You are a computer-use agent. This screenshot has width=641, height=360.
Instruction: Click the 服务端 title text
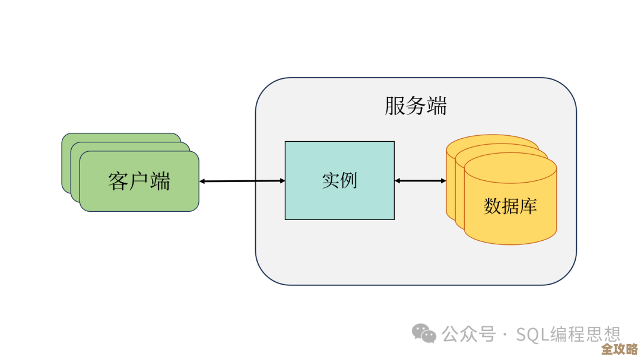point(415,107)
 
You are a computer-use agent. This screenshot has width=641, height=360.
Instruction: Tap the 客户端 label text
point(139,181)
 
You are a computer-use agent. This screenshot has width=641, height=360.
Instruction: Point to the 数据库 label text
point(510,206)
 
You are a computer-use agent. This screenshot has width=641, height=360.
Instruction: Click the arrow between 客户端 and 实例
point(242,181)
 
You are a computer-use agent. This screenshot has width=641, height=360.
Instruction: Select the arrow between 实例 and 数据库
point(420,180)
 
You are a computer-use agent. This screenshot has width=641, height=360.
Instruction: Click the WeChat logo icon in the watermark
point(424,333)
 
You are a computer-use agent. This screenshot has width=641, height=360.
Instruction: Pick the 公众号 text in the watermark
point(468,334)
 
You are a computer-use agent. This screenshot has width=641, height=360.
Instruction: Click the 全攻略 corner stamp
point(618,348)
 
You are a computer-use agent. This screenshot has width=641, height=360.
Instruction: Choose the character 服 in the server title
point(395,107)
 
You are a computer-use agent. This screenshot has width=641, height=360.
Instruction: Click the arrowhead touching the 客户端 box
point(202,181)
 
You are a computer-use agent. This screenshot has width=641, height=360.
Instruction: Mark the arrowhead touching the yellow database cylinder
point(443,180)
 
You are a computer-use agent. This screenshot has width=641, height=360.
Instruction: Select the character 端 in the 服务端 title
point(437,107)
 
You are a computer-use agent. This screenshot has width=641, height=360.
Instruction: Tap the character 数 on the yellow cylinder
point(493,206)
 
